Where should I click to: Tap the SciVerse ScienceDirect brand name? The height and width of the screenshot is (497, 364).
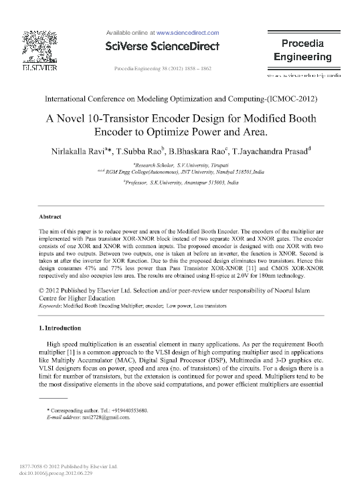point(162,46)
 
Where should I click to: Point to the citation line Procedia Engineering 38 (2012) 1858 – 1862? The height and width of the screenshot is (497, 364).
point(163,69)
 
